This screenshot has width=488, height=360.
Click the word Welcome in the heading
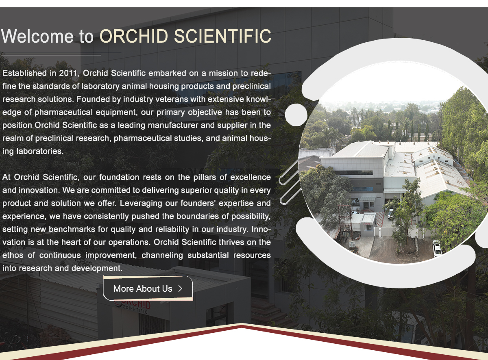(37, 36)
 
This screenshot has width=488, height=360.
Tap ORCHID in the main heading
(134, 36)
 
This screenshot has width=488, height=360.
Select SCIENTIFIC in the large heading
(223, 36)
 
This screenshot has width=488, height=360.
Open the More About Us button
(148, 288)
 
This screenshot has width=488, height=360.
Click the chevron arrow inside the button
(181, 288)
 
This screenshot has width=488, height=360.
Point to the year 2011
(68, 73)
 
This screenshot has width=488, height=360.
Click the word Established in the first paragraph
(25, 73)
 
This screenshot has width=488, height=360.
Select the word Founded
(93, 99)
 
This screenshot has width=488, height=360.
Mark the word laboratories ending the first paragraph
(40, 151)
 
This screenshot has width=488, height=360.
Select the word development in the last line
(97, 268)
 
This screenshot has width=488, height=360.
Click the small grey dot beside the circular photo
(296, 115)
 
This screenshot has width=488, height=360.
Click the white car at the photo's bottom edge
(437, 248)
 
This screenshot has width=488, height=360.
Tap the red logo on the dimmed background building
(133, 305)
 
